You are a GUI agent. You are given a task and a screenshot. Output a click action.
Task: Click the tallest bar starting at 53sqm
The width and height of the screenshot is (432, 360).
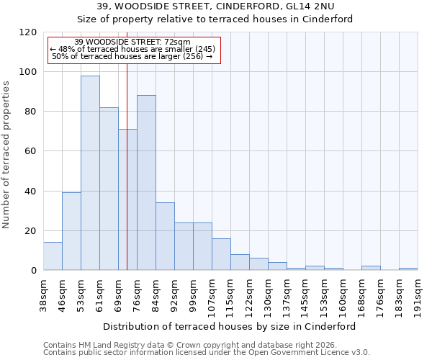90,173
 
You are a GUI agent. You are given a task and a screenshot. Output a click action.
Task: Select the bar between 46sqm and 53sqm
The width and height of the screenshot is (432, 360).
71,231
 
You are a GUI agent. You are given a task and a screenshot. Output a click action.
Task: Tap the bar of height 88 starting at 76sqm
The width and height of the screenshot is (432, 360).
146,183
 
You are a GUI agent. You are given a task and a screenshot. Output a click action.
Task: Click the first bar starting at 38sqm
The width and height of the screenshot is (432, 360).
53,256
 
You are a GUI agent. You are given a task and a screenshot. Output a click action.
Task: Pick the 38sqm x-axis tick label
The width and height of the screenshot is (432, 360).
43,293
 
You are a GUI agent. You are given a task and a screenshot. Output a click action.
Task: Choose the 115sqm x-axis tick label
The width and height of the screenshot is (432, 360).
230,293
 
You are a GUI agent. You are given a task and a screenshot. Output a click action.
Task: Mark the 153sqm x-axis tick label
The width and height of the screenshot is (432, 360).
324,293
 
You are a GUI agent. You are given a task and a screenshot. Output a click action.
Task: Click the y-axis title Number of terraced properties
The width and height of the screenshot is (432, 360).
6,154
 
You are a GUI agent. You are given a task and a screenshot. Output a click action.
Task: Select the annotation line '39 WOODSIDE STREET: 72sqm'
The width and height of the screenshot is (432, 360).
132,42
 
